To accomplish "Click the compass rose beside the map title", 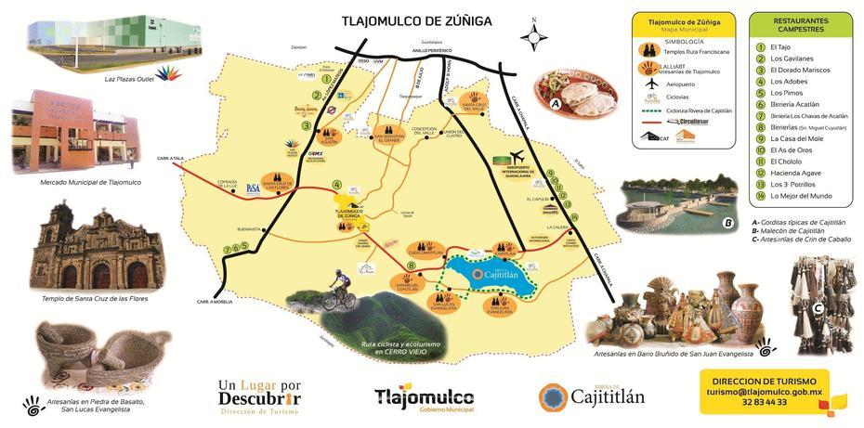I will [533, 36].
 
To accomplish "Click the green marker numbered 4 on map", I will [336, 184].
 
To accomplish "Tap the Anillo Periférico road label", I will [435, 51].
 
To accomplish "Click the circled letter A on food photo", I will [555, 105].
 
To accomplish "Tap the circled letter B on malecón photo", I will [727, 222].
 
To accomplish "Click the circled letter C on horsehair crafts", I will [818, 309].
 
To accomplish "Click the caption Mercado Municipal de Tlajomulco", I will [77, 182].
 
